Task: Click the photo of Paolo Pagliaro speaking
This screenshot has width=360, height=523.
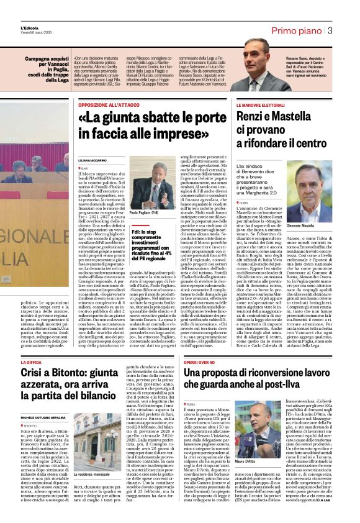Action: [x=153, y=183]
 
